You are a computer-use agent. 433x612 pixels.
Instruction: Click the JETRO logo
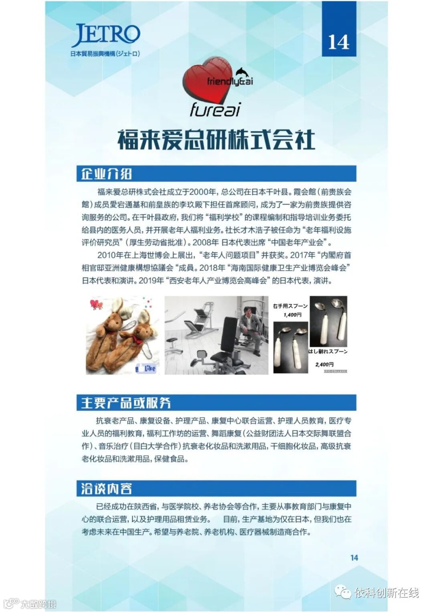105,36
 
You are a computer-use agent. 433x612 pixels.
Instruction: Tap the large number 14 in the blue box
339,42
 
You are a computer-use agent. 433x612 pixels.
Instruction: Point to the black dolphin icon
243,73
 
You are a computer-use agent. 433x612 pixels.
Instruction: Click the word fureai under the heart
215,109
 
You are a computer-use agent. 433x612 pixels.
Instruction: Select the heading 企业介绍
106,174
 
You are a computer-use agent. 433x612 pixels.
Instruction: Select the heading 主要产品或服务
126,403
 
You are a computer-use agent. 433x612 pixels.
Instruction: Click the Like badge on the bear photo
146,369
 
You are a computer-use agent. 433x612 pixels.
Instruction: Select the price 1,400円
292,315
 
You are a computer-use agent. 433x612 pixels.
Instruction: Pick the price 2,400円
324,364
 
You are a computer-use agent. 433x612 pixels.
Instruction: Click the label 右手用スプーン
290,306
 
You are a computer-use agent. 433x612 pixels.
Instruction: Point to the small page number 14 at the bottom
354,557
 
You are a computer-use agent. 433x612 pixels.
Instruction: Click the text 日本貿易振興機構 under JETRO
92,54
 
